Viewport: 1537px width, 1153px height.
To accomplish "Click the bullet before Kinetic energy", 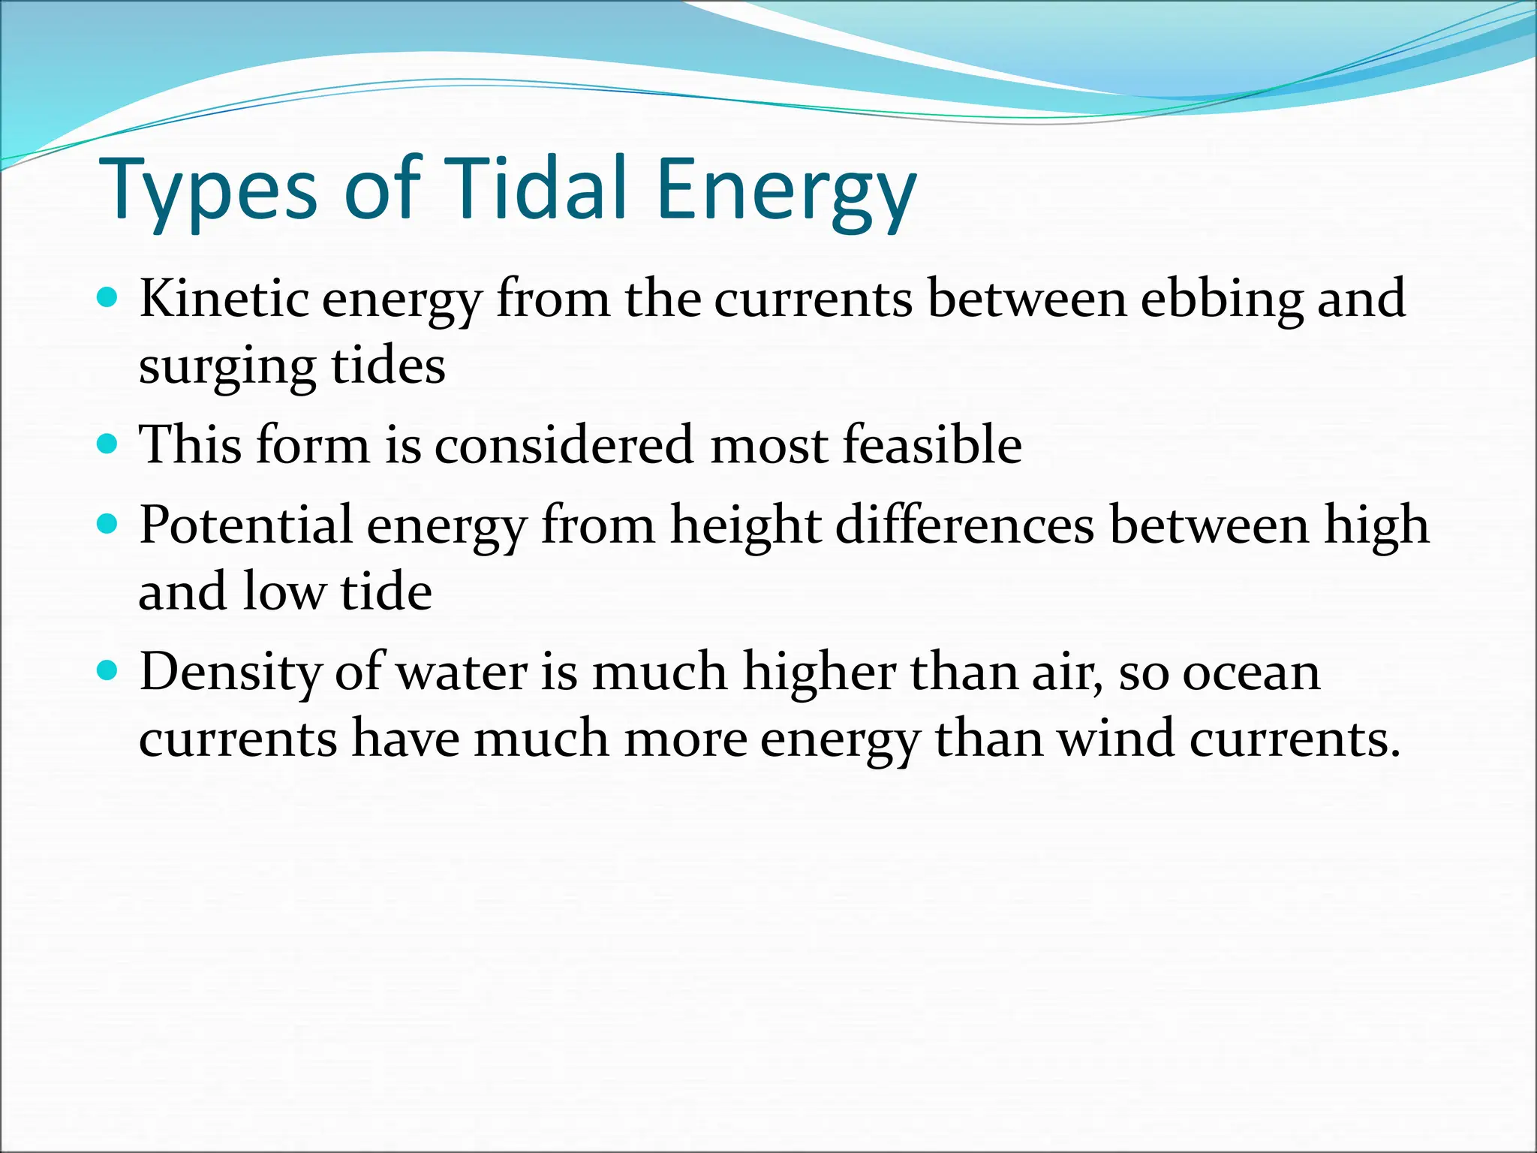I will click(108, 299).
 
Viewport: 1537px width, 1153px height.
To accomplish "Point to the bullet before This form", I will click(108, 444).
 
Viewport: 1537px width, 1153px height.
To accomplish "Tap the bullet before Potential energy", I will click(108, 524).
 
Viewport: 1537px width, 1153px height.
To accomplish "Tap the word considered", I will click(564, 444).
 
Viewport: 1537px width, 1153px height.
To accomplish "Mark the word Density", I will click(230, 672).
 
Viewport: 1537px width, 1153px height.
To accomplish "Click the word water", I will click(462, 672).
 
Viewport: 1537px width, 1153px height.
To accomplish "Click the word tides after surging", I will click(389, 367).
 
